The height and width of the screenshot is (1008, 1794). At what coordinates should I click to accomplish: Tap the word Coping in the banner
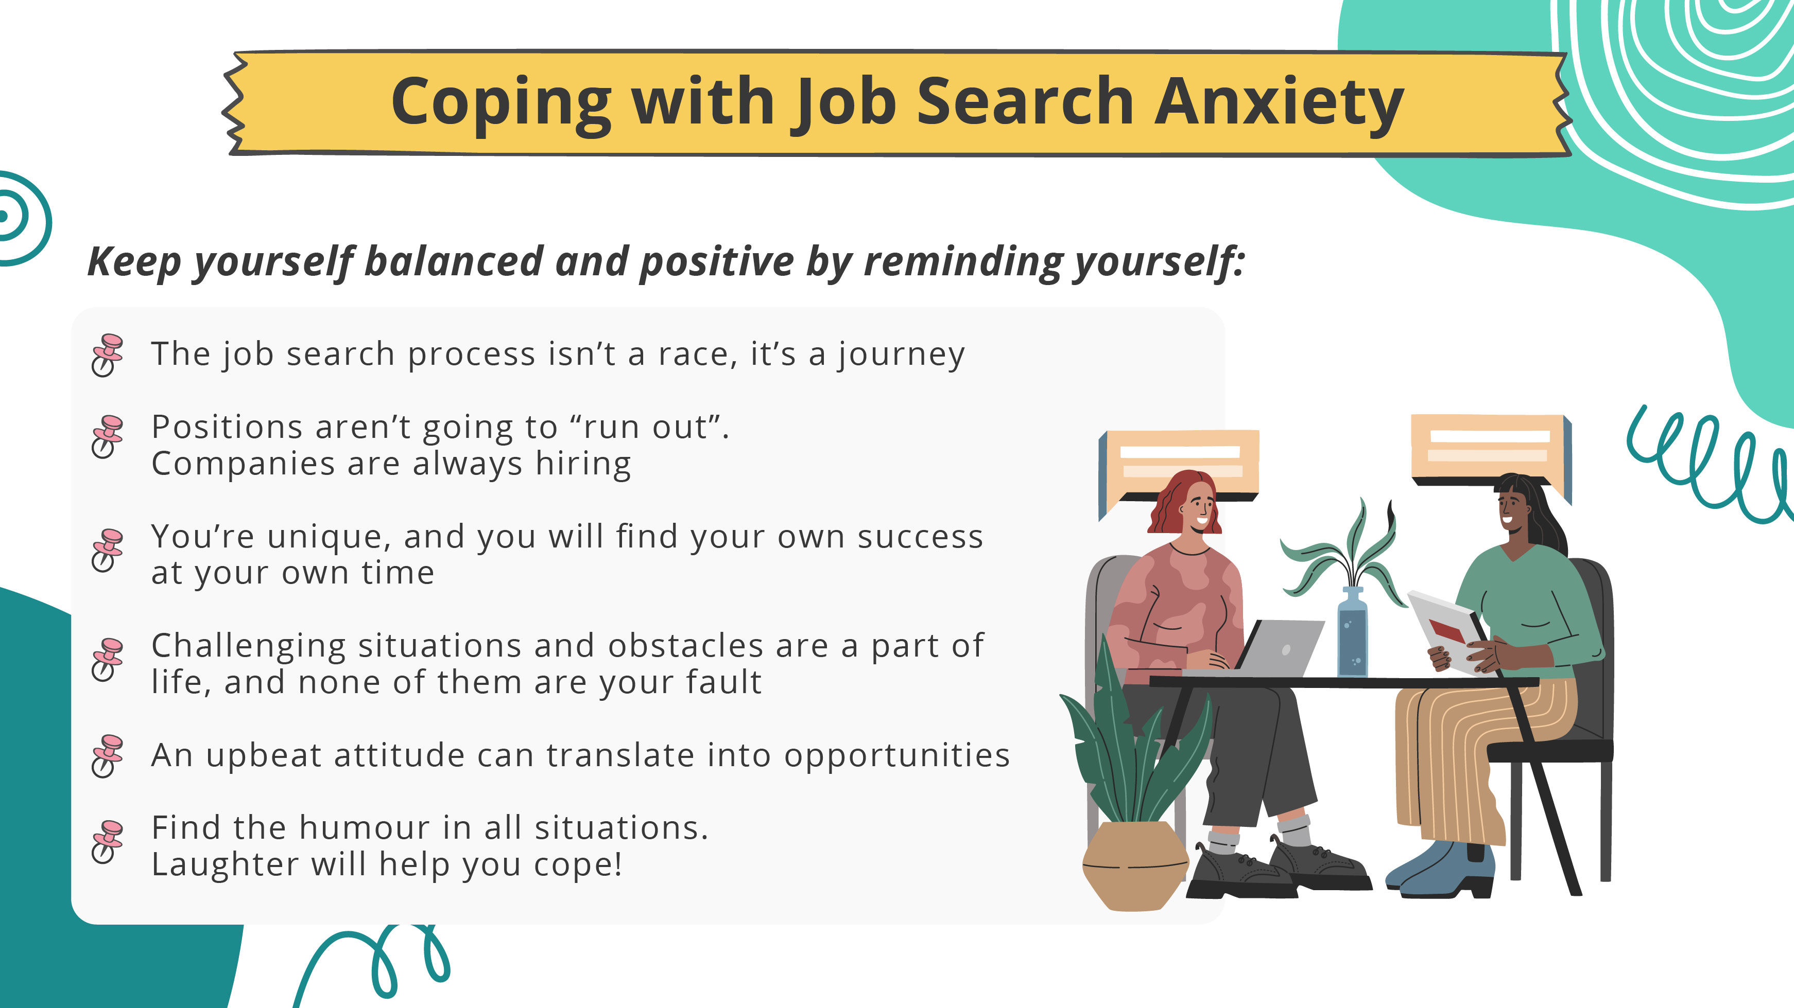pos(501,103)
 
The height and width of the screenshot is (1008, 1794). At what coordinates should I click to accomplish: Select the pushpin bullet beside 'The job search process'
pos(107,355)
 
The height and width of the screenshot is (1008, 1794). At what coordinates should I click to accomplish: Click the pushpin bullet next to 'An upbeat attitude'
pos(107,755)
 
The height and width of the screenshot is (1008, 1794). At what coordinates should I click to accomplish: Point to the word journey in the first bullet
pos(901,355)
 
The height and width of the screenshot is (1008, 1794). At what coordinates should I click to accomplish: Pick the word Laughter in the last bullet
pos(225,864)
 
